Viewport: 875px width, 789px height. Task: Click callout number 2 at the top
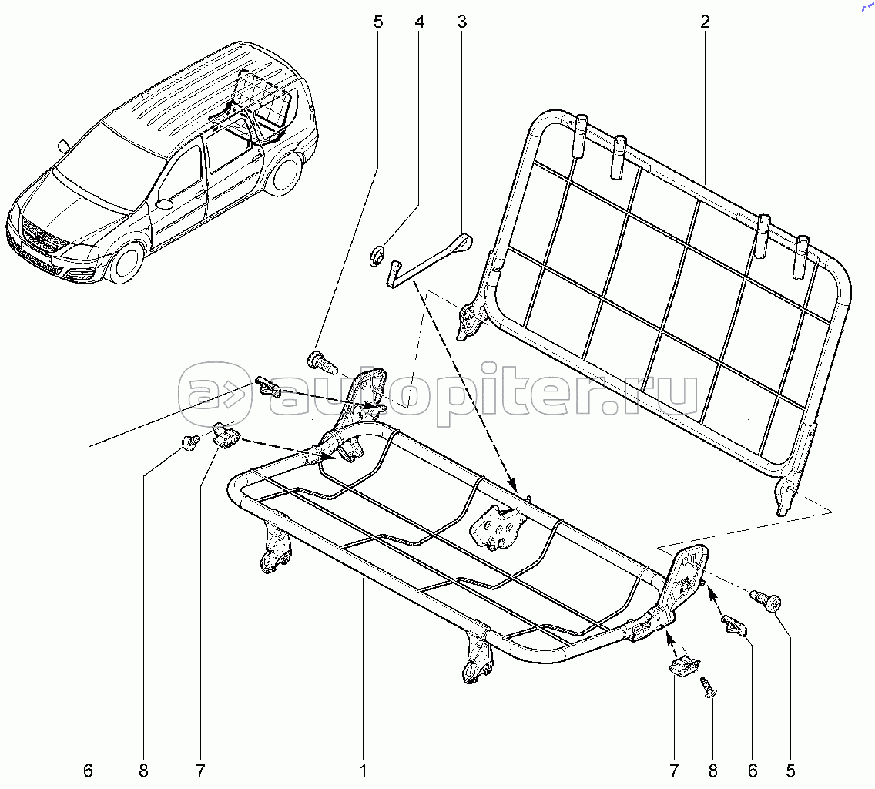pos(705,22)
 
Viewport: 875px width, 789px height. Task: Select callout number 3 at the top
pos(461,22)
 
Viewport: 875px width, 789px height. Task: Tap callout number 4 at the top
pos(419,22)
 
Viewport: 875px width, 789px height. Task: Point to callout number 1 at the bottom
pos(364,771)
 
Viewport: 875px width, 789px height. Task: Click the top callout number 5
pos(377,22)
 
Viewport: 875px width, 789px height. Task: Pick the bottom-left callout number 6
pos(88,771)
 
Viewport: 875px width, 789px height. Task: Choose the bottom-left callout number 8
pos(143,771)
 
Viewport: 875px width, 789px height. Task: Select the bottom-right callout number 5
pos(790,771)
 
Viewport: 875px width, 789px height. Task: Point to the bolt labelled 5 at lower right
pos(766,601)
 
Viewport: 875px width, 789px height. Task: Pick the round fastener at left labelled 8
pos(190,442)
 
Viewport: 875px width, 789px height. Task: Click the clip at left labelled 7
pos(226,435)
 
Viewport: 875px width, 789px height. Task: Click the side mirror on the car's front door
pos(164,203)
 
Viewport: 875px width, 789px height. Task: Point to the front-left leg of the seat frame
pos(274,546)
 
